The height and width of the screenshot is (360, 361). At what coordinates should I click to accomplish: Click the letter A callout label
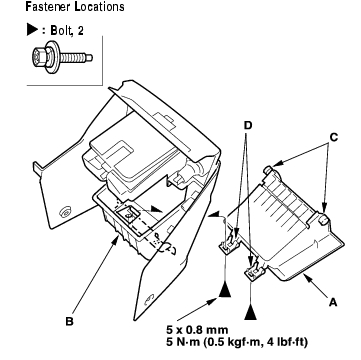tap(333, 302)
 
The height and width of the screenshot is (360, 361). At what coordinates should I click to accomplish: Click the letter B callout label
tap(69, 322)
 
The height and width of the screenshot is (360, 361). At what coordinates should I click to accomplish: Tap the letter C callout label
tap(334, 138)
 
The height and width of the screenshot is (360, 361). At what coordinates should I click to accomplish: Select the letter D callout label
tap(248, 126)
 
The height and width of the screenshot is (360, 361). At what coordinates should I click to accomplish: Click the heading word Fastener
tap(48, 7)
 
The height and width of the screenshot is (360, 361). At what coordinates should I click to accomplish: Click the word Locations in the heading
tap(100, 7)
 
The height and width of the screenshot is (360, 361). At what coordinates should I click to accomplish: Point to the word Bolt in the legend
tap(60, 31)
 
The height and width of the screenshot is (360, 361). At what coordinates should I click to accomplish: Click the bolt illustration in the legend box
tap(62, 57)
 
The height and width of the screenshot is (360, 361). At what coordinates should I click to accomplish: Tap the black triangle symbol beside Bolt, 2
tap(32, 30)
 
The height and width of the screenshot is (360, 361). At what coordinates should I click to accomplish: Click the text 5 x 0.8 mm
tap(197, 330)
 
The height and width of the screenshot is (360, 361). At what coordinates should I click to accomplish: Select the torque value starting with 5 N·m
tap(237, 342)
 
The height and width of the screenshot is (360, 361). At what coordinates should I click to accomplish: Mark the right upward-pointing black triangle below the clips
tap(250, 313)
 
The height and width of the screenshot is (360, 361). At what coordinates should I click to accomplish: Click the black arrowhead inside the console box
tap(156, 209)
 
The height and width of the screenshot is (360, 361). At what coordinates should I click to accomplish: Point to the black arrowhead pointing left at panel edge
tap(213, 215)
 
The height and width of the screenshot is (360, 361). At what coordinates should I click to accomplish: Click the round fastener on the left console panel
tap(64, 212)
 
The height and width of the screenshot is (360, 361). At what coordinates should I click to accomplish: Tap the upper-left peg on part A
tap(269, 169)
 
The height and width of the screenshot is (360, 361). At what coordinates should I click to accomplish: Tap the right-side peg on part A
tap(324, 219)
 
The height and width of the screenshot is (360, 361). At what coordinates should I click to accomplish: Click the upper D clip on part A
tap(228, 246)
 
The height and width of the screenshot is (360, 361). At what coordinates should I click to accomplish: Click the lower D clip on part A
tap(255, 269)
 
